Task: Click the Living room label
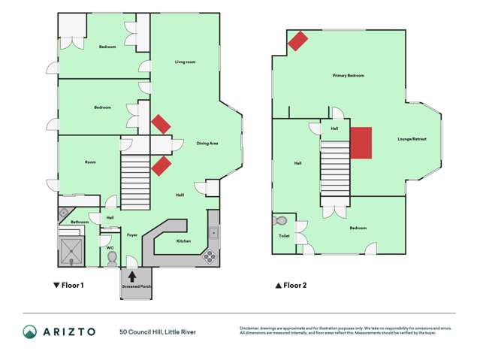185,62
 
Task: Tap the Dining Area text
207,143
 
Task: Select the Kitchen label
183,241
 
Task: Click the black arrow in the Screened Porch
132,276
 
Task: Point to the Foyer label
131,235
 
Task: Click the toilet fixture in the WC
112,257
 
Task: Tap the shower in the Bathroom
73,249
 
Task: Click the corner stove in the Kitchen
208,256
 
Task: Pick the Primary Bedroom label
348,76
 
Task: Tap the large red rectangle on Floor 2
361,143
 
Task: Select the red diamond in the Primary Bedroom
297,41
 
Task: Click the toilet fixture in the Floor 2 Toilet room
281,222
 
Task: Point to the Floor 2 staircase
336,170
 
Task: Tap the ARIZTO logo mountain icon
30,331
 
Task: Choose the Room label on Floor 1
90,162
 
